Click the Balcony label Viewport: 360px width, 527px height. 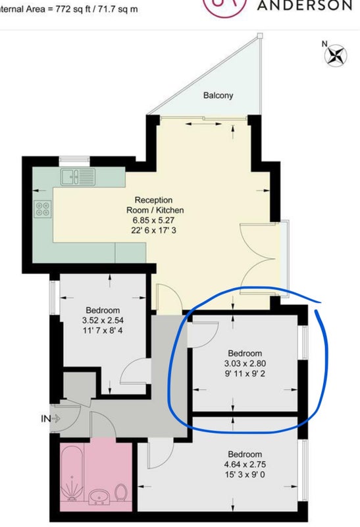pos(218,96)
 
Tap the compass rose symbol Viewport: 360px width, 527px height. pos(336,55)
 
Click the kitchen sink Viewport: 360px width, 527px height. pos(78,177)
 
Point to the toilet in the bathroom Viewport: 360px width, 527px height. pos(120,493)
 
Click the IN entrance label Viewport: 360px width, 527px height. pos(45,419)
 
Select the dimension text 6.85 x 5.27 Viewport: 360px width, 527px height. pos(154,221)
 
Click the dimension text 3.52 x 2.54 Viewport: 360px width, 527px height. pos(103,320)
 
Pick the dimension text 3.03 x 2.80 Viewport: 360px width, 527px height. pos(245,364)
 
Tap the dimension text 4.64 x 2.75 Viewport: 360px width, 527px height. pos(245,464)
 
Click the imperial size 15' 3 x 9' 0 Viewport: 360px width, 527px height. pos(245,475)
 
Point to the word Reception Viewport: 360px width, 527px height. pos(154,200)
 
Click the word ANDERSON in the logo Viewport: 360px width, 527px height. pos(305,5)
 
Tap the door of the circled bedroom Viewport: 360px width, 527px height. pos(203,335)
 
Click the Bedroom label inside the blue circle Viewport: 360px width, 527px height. pos(245,353)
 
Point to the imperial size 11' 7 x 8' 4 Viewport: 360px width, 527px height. pos(103,331)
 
